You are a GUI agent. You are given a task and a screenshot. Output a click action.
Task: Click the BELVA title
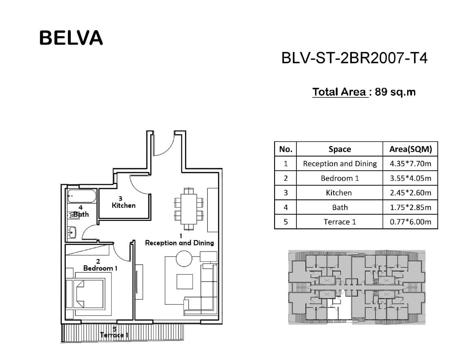pyautogui.click(x=71, y=38)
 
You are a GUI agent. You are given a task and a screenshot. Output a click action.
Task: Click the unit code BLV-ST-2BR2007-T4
pyautogui.click(x=354, y=58)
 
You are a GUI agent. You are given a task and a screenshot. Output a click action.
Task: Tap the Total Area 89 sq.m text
pyautogui.click(x=364, y=92)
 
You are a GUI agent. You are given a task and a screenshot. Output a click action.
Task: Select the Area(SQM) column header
pyautogui.click(x=410, y=149)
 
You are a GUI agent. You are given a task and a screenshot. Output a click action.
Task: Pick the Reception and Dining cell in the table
pyautogui.click(x=340, y=164)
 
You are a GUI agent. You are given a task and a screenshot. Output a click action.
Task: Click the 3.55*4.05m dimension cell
pyautogui.click(x=410, y=178)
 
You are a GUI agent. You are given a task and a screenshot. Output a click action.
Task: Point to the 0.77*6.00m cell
pyautogui.click(x=410, y=222)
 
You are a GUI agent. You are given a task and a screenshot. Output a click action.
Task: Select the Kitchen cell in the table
pyautogui.click(x=339, y=193)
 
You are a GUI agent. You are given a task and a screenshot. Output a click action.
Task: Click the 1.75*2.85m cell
pyautogui.click(x=410, y=208)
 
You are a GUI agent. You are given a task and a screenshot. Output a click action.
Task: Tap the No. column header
pyautogui.click(x=286, y=149)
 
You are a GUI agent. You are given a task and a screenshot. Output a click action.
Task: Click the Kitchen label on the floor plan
pyautogui.click(x=124, y=206)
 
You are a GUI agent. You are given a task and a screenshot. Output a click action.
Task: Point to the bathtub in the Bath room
pyautogui.click(x=82, y=196)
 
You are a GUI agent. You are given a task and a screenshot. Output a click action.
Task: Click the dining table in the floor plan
pyautogui.click(x=189, y=209)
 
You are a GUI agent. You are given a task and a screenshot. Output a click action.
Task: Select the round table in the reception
pyautogui.click(x=184, y=258)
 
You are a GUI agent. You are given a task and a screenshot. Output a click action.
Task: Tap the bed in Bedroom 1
pyautogui.click(x=85, y=293)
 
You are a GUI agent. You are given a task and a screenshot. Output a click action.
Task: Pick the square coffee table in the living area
pyautogui.click(x=185, y=282)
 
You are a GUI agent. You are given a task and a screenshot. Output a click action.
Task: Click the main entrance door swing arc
pyautogui.click(x=166, y=150)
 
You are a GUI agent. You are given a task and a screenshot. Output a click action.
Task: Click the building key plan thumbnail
pyautogui.click(x=357, y=287)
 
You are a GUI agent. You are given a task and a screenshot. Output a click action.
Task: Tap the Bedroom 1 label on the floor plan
pyautogui.click(x=100, y=268)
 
